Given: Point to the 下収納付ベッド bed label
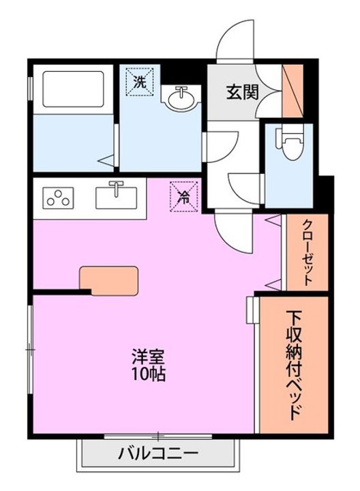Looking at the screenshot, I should (x=295, y=365).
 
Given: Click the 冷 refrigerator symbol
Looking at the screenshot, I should (x=184, y=198).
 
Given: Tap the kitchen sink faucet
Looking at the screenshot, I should (x=117, y=185).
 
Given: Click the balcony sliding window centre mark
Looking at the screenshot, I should (x=158, y=435).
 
